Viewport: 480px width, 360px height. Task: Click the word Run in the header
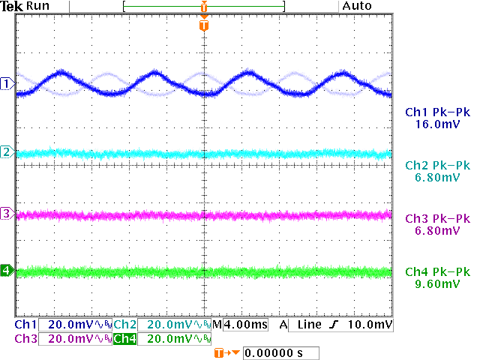pyautogui.click(x=38, y=6)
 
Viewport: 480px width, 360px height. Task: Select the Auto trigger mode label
pyautogui.click(x=358, y=6)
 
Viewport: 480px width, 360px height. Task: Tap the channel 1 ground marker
pyautogui.click(x=7, y=83)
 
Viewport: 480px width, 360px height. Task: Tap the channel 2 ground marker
pyautogui.click(x=7, y=153)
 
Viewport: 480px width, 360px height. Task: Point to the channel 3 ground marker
pyautogui.click(x=7, y=214)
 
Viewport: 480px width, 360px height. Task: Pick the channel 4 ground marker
pyautogui.click(x=7, y=270)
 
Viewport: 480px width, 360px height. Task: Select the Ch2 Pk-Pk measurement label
pyautogui.click(x=437, y=166)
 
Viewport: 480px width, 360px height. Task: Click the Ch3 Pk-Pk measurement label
pyautogui.click(x=437, y=219)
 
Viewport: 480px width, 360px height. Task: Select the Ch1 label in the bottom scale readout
pyautogui.click(x=25, y=325)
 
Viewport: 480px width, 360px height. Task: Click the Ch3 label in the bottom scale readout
pyautogui.click(x=25, y=339)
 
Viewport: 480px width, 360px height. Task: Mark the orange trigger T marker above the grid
pyautogui.click(x=203, y=25)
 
